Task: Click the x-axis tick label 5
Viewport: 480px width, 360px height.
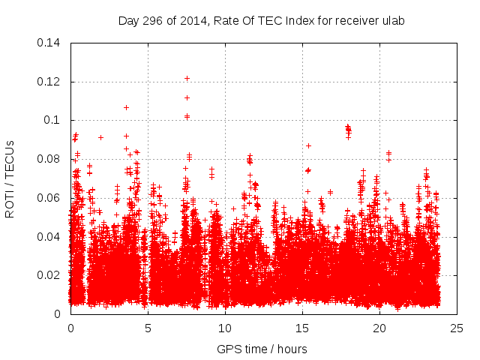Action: [x=148, y=328]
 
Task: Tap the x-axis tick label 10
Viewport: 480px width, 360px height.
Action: [x=225, y=328]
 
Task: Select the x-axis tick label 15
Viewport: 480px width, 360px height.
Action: [x=302, y=328]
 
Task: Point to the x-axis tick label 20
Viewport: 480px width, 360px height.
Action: [x=379, y=328]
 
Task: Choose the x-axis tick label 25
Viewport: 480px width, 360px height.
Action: [x=457, y=328]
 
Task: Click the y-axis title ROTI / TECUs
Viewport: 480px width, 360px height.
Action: [x=10, y=178]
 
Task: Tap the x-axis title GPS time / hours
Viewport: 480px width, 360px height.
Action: [x=262, y=349]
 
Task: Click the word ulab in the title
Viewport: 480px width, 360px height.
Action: [x=393, y=20]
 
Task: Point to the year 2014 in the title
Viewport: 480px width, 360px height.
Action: [x=190, y=20]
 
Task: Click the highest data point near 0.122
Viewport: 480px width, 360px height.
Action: [x=187, y=78]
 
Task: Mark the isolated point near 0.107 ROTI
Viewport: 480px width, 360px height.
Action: [x=126, y=107]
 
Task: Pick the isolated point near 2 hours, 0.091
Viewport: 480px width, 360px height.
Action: [x=100, y=137]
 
